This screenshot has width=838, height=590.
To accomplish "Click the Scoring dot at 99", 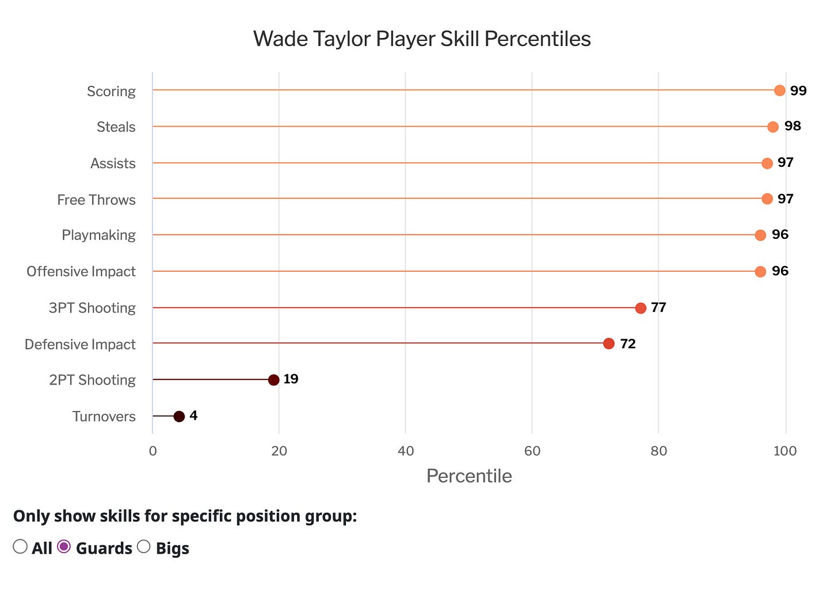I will point(779,90).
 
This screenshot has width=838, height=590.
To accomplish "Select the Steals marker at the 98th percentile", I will point(773,127).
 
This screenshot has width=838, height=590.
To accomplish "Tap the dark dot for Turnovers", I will point(179,416).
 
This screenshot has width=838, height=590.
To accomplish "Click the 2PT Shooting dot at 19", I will point(274,380).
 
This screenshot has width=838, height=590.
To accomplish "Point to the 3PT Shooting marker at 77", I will point(641,308).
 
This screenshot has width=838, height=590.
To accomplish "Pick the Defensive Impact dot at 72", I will point(609,344).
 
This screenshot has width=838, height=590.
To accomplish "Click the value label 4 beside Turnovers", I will point(193,416).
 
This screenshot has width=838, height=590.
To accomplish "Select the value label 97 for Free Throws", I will point(786,199).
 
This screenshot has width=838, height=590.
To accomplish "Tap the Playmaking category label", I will point(98,235).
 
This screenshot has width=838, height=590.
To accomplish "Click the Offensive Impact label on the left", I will point(81,271).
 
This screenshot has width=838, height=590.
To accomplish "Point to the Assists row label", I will point(113,163).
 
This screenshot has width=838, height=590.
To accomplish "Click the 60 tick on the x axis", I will point(532,451).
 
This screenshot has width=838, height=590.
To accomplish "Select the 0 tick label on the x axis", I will point(153,451).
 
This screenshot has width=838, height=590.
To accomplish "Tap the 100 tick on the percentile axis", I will point(785,451).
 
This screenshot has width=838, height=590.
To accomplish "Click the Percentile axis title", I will point(469,476).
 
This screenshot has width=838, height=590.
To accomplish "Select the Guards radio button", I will point(64,547).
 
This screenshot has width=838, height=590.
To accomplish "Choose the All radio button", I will point(20,547).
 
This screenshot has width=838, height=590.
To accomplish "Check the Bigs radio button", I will point(143,547).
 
